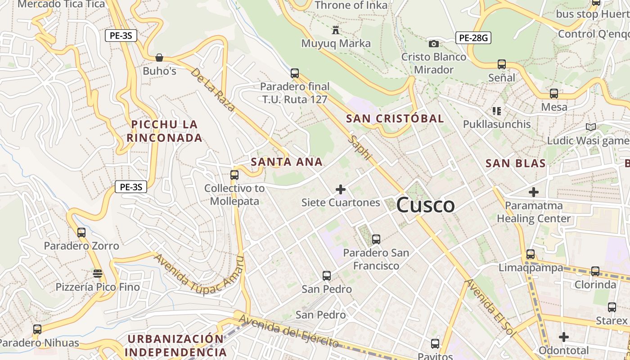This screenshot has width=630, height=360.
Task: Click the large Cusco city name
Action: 425,205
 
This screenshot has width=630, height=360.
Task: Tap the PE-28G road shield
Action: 473,38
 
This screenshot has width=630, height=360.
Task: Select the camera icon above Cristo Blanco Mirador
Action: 433,44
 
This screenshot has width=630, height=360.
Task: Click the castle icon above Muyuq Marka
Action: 335,30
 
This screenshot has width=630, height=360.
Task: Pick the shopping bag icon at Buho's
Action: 159,58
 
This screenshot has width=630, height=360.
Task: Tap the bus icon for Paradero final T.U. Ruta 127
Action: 295,73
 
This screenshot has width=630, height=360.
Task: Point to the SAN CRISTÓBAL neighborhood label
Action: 395,119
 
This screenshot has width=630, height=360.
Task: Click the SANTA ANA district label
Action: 287,162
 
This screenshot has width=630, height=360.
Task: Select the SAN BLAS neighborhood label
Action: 515,163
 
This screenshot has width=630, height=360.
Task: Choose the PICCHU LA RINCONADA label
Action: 164,131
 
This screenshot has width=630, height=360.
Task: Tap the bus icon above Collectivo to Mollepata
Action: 234,175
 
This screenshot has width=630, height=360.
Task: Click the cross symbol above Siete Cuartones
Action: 341,189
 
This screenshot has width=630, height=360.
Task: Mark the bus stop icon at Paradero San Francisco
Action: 376,239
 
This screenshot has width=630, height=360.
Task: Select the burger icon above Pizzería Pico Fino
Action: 97,273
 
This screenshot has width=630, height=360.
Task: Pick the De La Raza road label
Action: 213,89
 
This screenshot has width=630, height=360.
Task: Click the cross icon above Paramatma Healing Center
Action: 534,193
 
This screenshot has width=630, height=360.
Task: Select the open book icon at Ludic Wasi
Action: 591,127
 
